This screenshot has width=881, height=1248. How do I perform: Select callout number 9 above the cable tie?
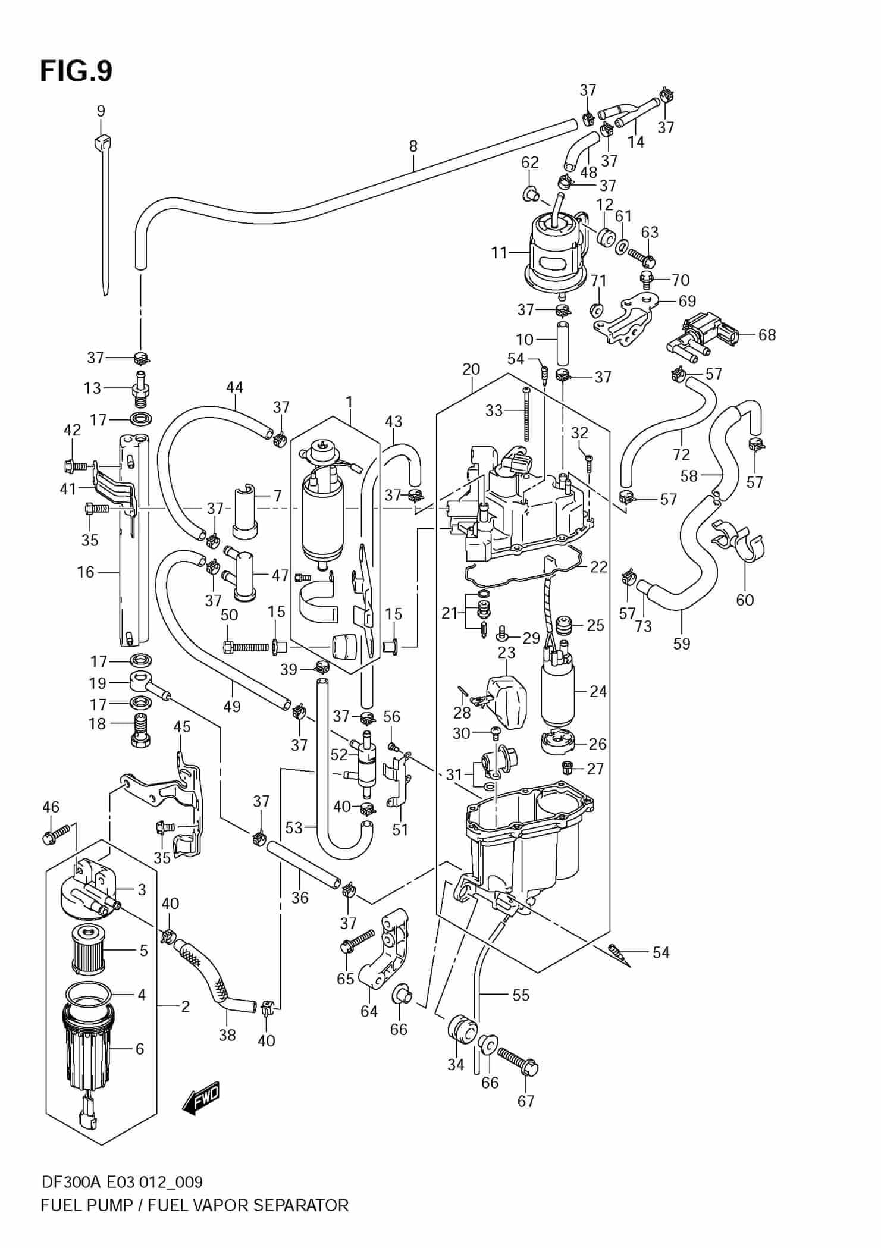click(101, 111)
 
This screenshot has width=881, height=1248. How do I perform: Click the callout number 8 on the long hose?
click(413, 146)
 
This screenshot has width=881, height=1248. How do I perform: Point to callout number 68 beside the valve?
click(767, 334)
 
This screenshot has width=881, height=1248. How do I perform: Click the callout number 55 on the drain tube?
click(521, 995)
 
